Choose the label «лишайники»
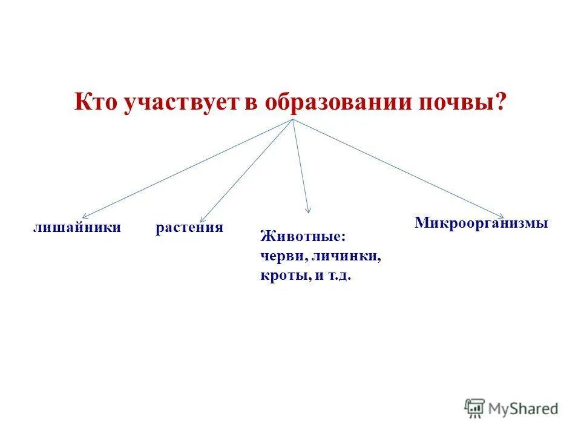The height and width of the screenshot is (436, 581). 77,228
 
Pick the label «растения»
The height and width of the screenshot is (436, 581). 189,228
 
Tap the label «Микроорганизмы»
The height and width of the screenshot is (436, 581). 481,223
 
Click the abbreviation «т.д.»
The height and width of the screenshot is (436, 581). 339,276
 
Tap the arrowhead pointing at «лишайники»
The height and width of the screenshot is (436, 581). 84,216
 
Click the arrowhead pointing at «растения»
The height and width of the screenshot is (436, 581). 202,220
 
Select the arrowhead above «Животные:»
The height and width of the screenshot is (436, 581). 309,211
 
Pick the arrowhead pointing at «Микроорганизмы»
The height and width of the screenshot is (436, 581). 502,215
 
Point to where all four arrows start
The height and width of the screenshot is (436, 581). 293,119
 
